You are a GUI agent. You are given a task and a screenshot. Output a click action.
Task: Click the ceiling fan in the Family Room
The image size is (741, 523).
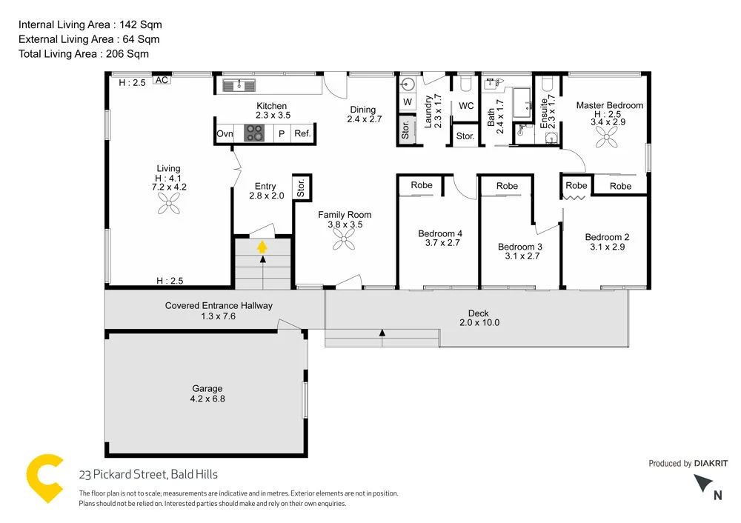tap(345, 239)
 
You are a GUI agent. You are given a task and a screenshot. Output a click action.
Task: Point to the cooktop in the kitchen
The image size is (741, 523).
tap(255, 133)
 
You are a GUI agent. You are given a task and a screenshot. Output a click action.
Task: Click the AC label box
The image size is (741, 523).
tap(161, 80)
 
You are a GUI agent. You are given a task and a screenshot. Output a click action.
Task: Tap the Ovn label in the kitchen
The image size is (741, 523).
tap(225, 134)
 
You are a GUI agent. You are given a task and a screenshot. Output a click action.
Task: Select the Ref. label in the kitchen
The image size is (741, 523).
tap(302, 134)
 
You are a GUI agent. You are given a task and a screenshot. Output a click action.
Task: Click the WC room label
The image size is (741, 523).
tap(466, 106)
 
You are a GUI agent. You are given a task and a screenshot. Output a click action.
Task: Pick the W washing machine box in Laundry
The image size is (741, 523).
tap(408, 101)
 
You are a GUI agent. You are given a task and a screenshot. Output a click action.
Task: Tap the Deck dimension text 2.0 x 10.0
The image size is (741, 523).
tap(479, 323)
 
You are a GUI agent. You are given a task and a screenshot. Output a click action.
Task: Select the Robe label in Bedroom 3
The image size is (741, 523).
tap(507, 186)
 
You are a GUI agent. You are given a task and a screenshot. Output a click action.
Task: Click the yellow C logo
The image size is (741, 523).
tap(44, 479)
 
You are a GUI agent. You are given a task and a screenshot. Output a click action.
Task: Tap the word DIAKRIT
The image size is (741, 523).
tap(711, 464)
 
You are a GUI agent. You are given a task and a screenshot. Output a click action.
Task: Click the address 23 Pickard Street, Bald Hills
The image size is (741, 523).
tap(148, 475)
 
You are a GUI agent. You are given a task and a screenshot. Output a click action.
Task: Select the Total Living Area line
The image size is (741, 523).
tap(84, 53)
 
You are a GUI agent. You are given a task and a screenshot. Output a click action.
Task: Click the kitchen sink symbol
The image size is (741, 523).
tap(239, 85)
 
